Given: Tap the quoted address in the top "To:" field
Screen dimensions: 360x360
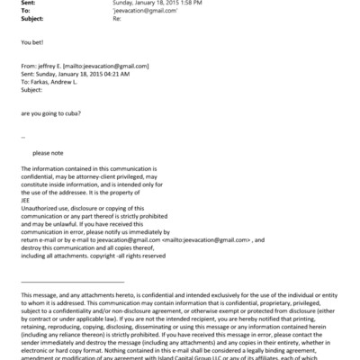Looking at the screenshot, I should click(x=143, y=10).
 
